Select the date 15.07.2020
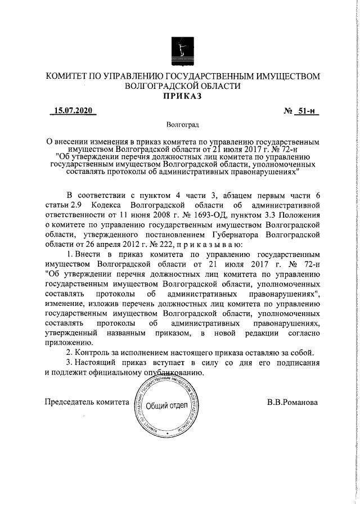(x=72, y=111)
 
